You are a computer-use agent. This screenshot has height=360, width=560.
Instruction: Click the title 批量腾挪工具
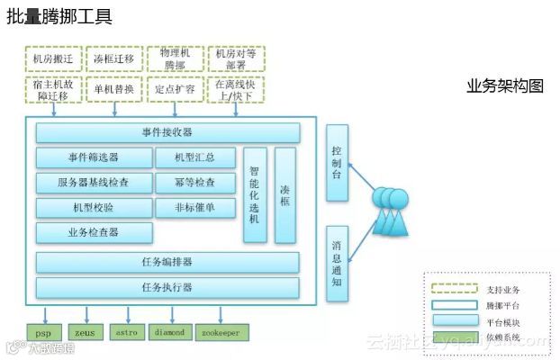(x=59, y=18)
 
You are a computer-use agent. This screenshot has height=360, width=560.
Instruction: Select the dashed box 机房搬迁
(x=54, y=59)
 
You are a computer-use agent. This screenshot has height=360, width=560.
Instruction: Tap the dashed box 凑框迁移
(x=114, y=59)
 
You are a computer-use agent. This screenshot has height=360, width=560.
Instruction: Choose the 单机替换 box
(x=114, y=90)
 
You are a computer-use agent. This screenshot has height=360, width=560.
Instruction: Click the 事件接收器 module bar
(x=167, y=133)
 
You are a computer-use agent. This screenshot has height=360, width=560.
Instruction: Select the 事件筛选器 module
(x=94, y=157)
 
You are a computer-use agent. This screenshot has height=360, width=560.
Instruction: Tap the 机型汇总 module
(x=195, y=157)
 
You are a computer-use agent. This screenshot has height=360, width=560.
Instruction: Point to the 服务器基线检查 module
(x=94, y=183)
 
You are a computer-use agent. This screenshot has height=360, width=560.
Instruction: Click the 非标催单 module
(x=195, y=208)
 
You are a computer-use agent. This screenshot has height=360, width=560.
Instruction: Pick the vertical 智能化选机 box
(x=255, y=194)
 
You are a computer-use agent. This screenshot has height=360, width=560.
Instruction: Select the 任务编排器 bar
(x=167, y=263)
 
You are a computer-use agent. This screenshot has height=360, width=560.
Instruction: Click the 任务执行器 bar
(x=167, y=288)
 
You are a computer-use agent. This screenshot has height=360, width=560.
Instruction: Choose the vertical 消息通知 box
(x=337, y=263)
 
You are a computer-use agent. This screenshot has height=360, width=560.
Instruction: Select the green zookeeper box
(x=221, y=333)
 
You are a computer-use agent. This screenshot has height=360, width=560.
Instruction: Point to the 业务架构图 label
(x=505, y=86)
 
